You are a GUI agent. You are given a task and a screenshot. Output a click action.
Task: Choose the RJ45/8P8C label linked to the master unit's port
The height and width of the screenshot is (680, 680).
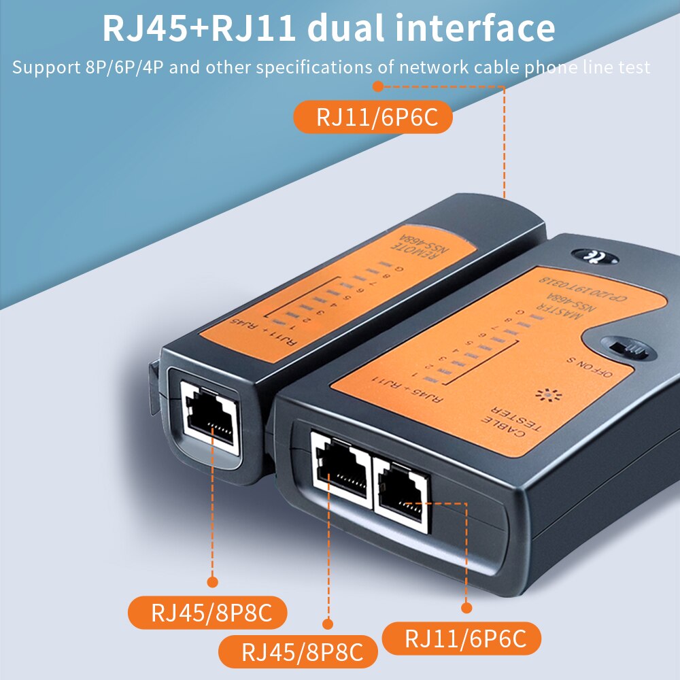(300, 653)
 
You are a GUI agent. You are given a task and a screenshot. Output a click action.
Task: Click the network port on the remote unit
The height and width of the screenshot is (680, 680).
(210, 415)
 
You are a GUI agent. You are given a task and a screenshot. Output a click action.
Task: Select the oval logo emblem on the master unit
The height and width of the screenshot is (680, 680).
(595, 257)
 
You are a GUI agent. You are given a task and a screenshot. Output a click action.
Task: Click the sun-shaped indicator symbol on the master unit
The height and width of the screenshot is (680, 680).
(545, 394)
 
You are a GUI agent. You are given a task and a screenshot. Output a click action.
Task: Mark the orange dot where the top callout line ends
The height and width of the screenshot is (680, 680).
(379, 86)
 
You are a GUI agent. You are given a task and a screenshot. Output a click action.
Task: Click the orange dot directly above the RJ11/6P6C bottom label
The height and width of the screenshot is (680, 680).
(466, 607)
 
